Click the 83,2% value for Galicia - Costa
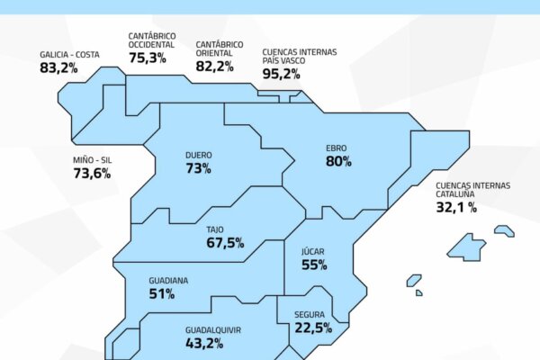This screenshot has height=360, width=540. [x=58, y=67]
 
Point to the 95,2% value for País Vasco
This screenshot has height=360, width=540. [x=281, y=75]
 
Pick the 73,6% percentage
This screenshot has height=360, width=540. [x=92, y=174]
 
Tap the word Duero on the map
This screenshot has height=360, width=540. [x=198, y=154]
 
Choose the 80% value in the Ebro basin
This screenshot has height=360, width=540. [x=338, y=162]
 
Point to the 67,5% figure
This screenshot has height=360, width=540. [x=225, y=243]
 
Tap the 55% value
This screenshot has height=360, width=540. [x=314, y=265]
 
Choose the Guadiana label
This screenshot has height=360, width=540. [x=168, y=280]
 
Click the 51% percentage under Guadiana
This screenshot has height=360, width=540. [x=162, y=293]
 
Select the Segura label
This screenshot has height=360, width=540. [x=310, y=314]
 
